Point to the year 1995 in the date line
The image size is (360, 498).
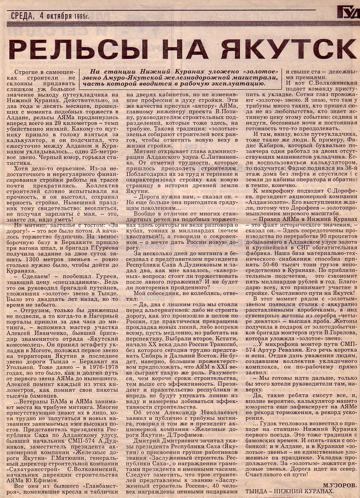(x=81, y=16)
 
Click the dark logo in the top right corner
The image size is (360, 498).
(x=348, y=13)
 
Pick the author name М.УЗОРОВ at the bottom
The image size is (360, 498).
(x=339, y=485)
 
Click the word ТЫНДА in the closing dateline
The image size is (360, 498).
(x=258, y=491)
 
